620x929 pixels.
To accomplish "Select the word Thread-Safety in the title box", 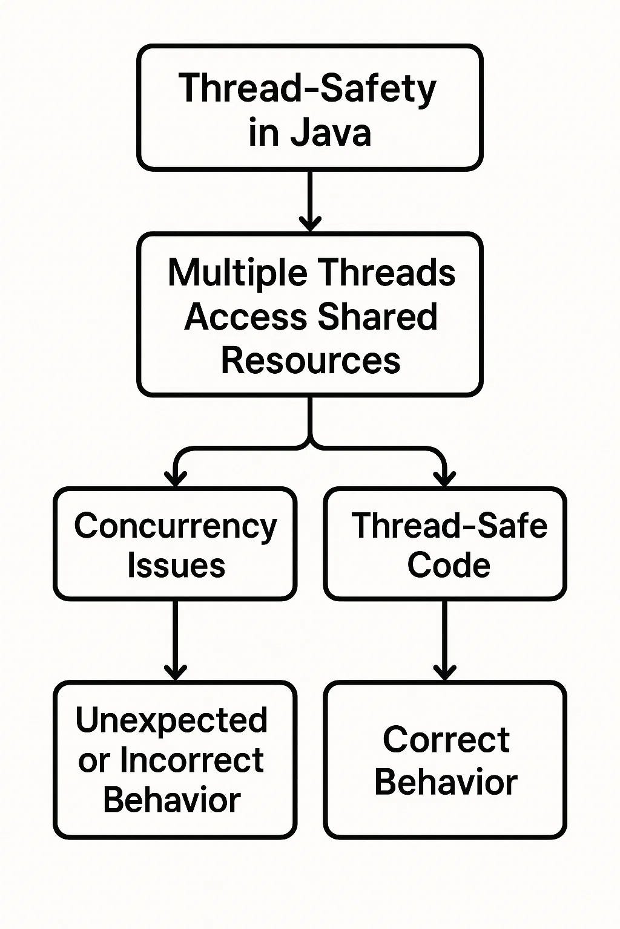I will click(307, 89).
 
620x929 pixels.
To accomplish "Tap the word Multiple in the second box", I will click(237, 273).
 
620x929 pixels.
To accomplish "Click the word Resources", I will click(310, 361).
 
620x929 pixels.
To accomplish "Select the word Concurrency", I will click(175, 526).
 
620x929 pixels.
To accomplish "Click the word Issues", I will click(176, 566).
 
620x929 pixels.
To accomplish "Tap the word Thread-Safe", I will click(449, 526).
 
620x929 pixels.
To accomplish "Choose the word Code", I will click(448, 566).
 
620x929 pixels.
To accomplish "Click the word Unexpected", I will click(171, 720).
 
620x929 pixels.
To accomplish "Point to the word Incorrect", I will click(192, 760).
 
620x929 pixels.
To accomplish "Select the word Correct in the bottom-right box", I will click(446, 740).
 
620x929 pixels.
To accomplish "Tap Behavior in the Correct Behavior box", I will click(446, 782).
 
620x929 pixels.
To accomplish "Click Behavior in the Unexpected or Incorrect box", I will click(172, 800).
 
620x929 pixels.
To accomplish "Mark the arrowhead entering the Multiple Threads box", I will click(310, 224).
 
